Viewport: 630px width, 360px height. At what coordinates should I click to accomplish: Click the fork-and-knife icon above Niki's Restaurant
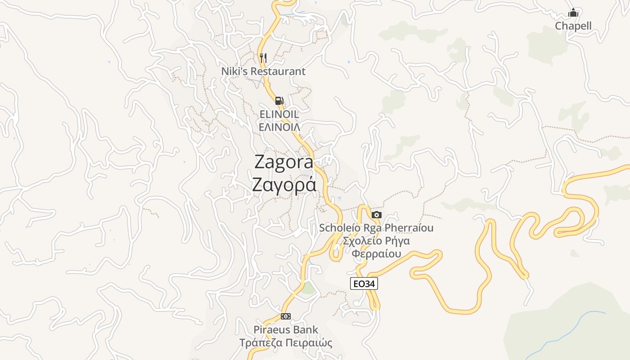click(x=263, y=58)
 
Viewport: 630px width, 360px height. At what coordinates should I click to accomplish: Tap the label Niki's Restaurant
click(x=263, y=71)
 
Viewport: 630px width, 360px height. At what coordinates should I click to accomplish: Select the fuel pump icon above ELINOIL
click(x=279, y=101)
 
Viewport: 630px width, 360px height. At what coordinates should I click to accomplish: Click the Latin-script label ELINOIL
click(x=279, y=114)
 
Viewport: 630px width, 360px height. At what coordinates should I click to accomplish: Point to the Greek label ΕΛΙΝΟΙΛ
click(x=279, y=126)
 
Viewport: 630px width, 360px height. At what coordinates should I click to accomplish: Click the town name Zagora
click(x=283, y=162)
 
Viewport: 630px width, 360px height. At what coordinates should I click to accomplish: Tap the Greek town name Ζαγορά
click(x=283, y=185)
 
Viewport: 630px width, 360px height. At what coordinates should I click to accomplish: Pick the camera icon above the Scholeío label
click(x=377, y=215)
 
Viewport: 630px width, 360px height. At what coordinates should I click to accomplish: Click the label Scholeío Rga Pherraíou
click(x=376, y=228)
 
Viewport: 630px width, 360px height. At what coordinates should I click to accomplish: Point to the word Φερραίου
click(x=376, y=254)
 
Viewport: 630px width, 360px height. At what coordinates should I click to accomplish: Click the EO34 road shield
click(x=364, y=283)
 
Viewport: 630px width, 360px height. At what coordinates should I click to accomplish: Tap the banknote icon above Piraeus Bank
click(x=286, y=316)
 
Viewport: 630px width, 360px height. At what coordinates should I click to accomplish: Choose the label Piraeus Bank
click(x=286, y=329)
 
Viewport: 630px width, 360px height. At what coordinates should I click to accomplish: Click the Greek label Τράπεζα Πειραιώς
click(x=286, y=343)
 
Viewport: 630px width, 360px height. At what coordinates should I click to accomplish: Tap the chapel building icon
click(x=573, y=13)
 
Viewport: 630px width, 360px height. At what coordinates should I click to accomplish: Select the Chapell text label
click(x=573, y=26)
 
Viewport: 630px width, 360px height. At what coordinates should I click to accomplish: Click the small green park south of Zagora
click(x=308, y=288)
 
